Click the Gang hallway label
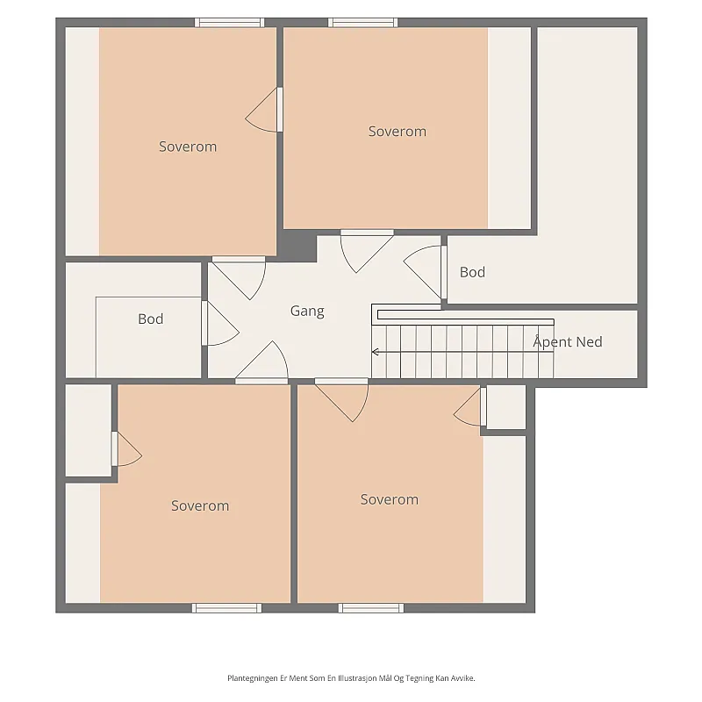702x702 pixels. tap(307, 312)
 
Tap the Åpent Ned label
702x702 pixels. tap(568, 341)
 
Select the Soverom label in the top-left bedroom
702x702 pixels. tap(188, 147)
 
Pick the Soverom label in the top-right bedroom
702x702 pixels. tap(398, 131)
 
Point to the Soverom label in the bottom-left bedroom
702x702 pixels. tap(200, 505)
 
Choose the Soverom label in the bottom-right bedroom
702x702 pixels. tap(389, 499)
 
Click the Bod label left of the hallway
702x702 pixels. tap(150, 319)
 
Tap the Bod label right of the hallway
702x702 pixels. tap(472, 272)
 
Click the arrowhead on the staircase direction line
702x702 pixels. tap(376, 352)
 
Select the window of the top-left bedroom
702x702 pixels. tap(229, 23)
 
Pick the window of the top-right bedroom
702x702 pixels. tap(362, 23)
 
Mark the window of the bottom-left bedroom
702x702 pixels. tap(226, 608)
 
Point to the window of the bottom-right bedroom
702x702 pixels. tap(371, 608)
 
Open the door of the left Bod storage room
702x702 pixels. tap(219, 323)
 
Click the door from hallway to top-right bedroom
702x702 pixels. tap(367, 251)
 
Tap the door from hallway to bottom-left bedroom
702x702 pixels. tap(261, 362)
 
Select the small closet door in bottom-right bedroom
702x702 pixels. tap(470, 406)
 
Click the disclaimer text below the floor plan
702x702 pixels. tap(351, 678)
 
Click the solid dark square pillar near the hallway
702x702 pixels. tap(298, 246)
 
